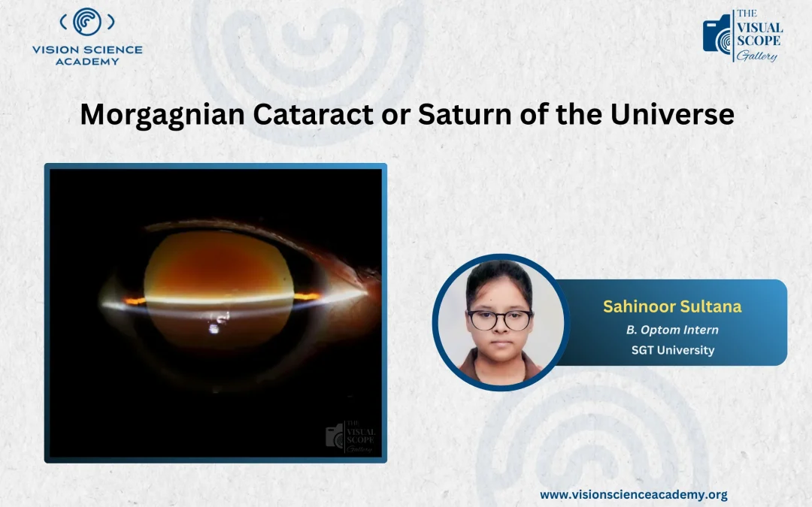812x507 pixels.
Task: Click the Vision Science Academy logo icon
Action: pyautogui.click(x=87, y=23)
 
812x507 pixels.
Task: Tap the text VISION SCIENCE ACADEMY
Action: pyautogui.click(x=87, y=55)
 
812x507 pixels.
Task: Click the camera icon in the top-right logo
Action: pyautogui.click(x=717, y=35)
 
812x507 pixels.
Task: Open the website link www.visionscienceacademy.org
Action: pyautogui.click(x=633, y=494)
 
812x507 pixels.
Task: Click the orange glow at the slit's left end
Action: pyautogui.click(x=135, y=301)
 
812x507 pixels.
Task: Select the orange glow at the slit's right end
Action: pyautogui.click(x=305, y=297)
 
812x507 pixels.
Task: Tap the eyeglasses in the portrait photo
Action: pyautogui.click(x=499, y=319)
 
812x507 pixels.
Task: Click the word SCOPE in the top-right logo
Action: pyautogui.click(x=759, y=41)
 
